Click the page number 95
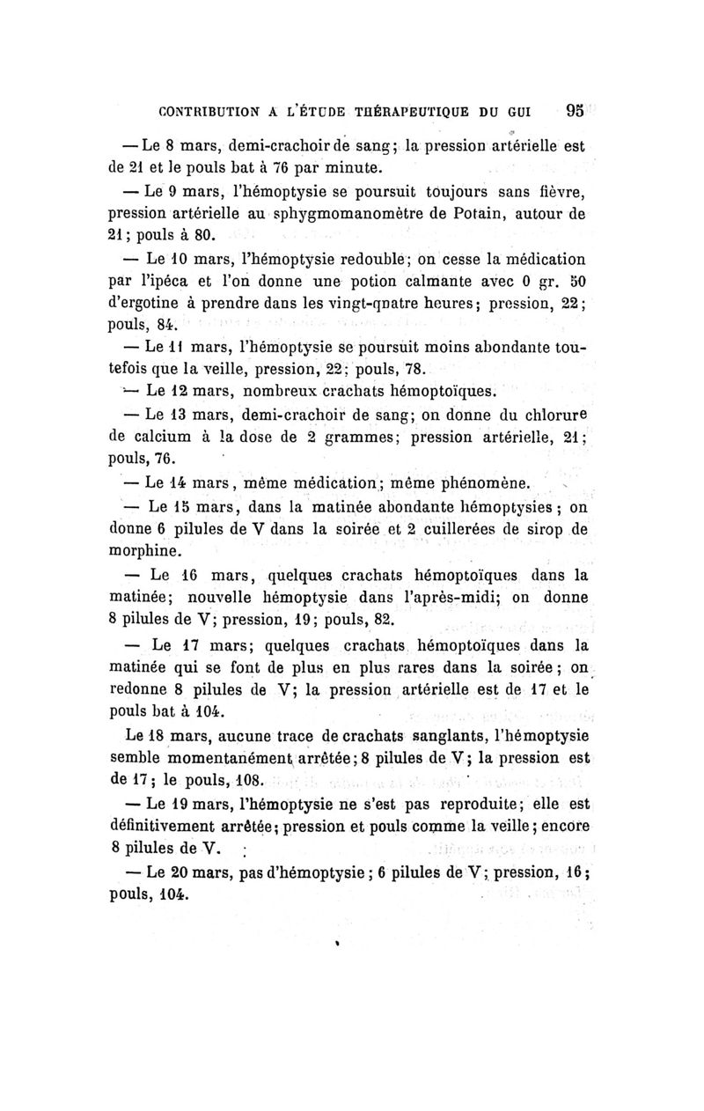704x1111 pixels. [x=576, y=112]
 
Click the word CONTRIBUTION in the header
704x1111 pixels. [x=209, y=113]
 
